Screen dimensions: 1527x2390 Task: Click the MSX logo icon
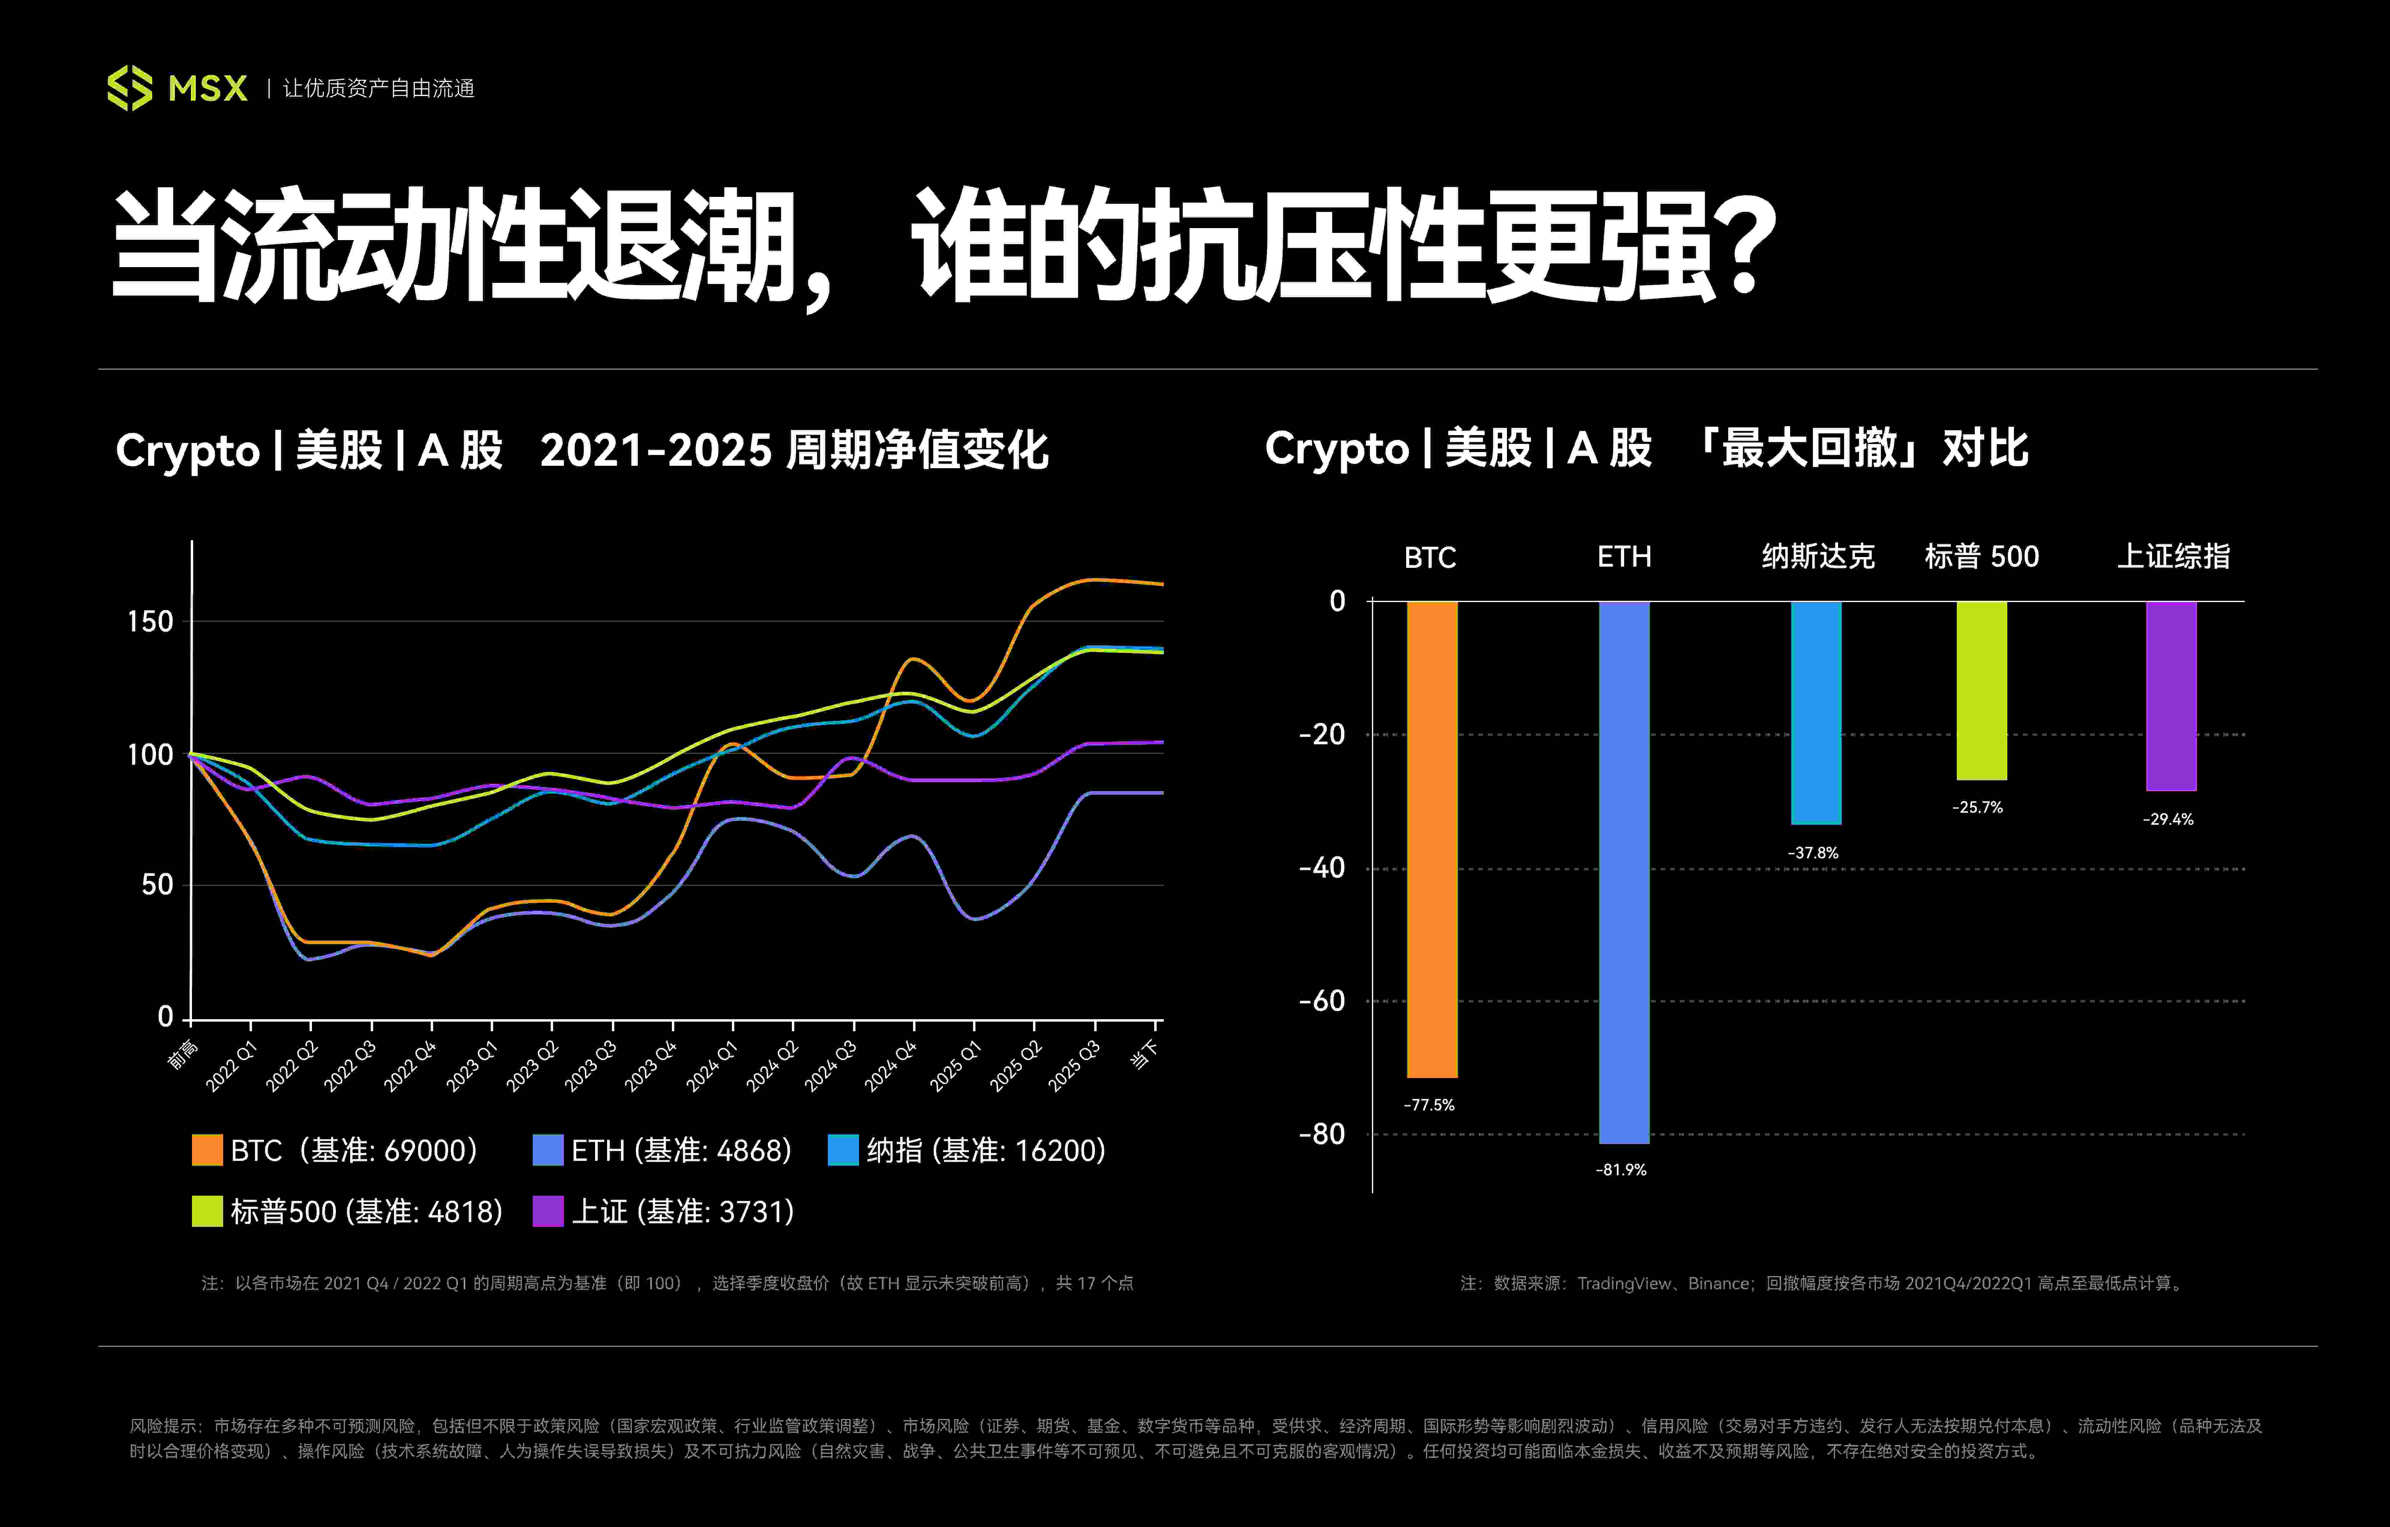click(130, 88)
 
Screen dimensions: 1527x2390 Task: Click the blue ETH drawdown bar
click(1624, 872)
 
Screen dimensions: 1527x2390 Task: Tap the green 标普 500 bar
click(1981, 690)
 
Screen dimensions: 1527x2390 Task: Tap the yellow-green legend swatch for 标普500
click(206, 1211)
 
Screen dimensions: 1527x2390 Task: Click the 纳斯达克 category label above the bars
click(1817, 556)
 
